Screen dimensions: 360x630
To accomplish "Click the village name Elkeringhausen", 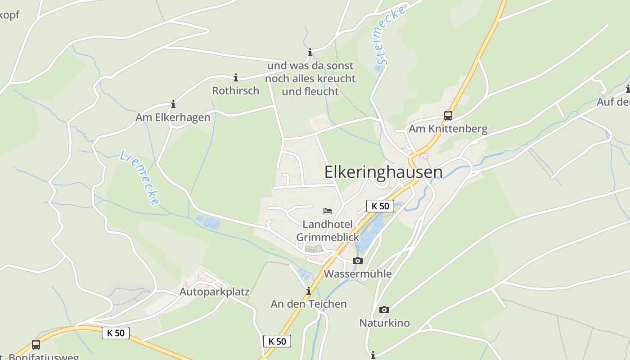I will point(383,172).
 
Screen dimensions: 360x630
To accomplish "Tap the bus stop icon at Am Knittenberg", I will point(448,115).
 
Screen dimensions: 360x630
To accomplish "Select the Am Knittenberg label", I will point(448,129).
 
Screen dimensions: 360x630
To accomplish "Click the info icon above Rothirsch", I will point(235,77).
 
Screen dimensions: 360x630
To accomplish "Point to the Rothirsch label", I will point(236,90).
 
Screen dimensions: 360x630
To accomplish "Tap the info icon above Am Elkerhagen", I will point(173,104).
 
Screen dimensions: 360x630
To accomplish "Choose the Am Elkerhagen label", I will point(173,117).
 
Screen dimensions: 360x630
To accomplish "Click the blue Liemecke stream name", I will point(139,178).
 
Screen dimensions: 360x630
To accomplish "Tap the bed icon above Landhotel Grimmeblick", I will point(328,211).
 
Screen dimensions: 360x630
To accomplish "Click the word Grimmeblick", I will point(328,237).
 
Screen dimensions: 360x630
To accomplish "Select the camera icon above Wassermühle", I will point(357,261).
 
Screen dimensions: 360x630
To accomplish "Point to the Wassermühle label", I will point(358,274).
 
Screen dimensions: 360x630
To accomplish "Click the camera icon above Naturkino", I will point(384,310).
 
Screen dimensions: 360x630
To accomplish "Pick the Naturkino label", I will point(384,323).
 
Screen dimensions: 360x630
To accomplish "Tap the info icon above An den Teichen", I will point(309,291).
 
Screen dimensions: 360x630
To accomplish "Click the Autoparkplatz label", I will point(214,292).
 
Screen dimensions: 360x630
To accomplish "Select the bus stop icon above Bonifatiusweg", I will point(36,345).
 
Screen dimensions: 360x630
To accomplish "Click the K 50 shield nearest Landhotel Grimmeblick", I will point(380,206).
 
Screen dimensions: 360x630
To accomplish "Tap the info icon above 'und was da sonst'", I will point(310,53).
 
